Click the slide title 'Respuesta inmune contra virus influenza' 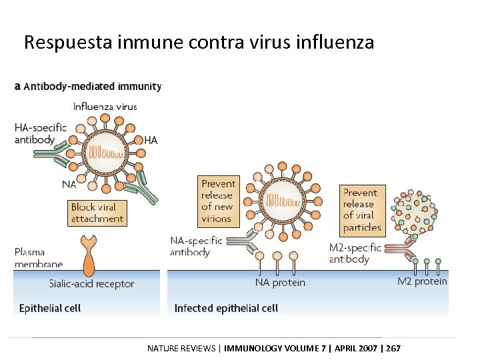[x=199, y=43]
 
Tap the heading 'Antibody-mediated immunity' [x=93, y=86]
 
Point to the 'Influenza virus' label [x=105, y=106]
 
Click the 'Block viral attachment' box [x=97, y=213]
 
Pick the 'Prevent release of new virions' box [x=218, y=201]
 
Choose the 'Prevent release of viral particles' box [x=362, y=210]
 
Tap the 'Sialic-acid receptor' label [x=91, y=284]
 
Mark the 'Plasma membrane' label [x=39, y=258]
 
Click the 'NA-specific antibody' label [x=195, y=246]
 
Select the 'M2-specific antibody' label [x=355, y=253]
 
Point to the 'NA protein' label [x=280, y=283]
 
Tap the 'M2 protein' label [x=422, y=281]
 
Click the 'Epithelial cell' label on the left [x=50, y=308]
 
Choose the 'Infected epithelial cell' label [x=226, y=308]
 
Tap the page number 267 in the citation [x=393, y=348]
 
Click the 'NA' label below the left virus [x=69, y=184]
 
